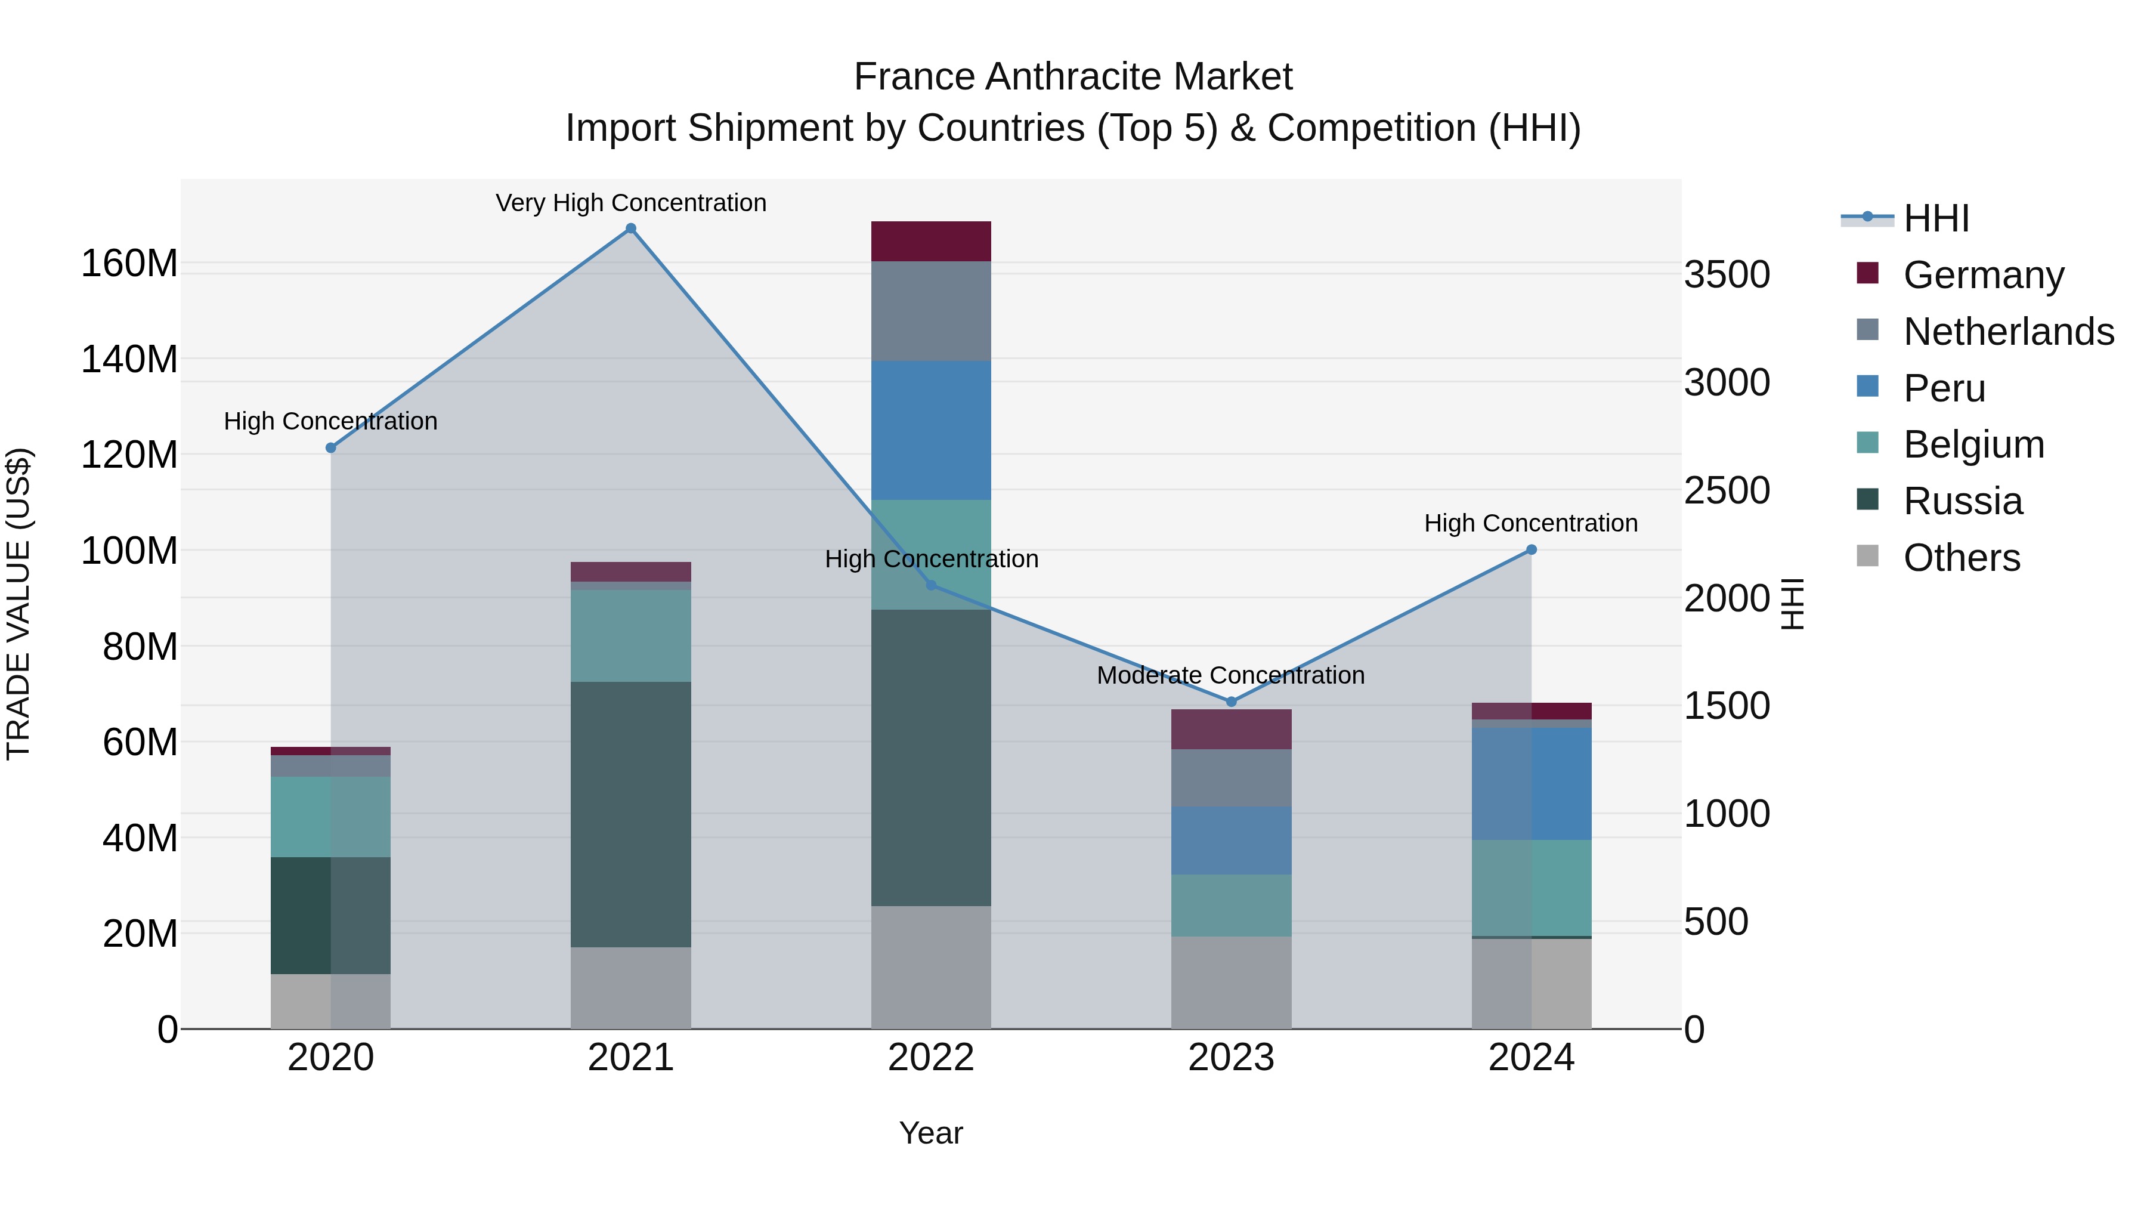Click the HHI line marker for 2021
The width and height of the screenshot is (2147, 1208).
(x=631, y=228)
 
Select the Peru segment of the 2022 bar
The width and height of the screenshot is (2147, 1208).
(x=931, y=430)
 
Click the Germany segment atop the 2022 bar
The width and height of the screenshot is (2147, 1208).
(x=931, y=241)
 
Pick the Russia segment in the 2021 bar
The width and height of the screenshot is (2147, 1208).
(x=631, y=814)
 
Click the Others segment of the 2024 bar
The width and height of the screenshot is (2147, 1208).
(x=1531, y=983)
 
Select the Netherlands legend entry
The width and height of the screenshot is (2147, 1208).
(x=2008, y=331)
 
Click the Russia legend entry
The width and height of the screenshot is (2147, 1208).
(x=1962, y=501)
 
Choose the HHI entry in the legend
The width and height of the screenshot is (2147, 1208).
(x=1935, y=218)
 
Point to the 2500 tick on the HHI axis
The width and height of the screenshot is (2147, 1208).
(x=1726, y=490)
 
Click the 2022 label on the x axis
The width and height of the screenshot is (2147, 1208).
(x=931, y=1058)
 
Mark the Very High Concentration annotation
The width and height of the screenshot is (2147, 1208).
(x=631, y=203)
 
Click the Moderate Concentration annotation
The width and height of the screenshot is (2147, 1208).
(x=1230, y=675)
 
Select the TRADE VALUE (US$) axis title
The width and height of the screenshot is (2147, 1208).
(x=18, y=604)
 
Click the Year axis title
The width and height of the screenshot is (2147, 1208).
(x=930, y=1133)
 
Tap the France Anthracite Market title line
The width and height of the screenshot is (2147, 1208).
(x=1073, y=77)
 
